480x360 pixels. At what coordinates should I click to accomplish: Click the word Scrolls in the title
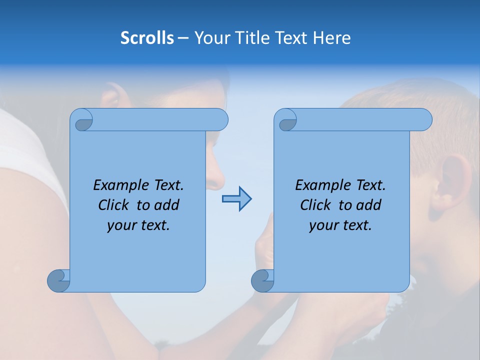(x=147, y=38)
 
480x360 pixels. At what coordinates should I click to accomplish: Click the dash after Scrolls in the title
(x=183, y=38)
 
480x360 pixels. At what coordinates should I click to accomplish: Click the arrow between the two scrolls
(x=236, y=199)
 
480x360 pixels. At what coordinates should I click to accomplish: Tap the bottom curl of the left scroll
(x=58, y=280)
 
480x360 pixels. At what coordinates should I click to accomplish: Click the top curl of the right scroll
(x=286, y=120)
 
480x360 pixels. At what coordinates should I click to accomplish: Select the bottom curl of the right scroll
(x=262, y=280)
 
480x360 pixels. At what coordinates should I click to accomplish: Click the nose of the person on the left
(x=216, y=177)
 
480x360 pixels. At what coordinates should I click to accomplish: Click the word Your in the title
(x=210, y=38)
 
